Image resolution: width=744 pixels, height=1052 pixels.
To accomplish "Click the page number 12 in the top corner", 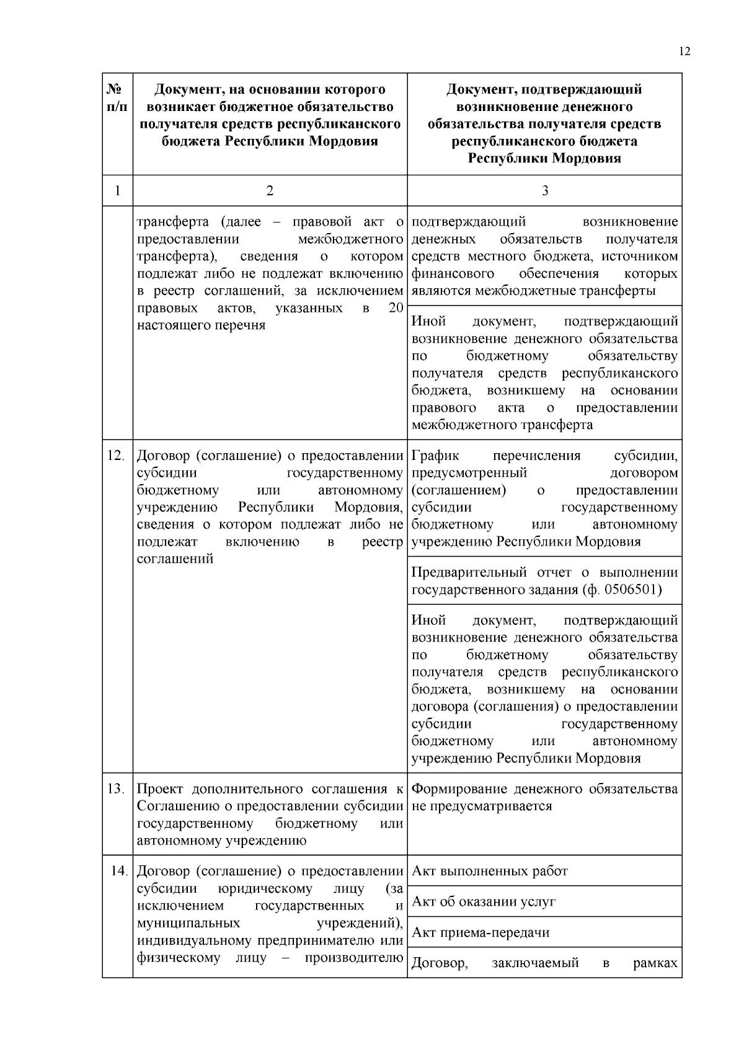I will point(684,51).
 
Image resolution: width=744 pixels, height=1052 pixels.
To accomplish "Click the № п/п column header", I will point(117,98).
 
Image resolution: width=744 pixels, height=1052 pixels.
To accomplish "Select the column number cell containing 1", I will point(117,191).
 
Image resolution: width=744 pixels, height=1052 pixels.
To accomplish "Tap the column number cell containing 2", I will point(270,191).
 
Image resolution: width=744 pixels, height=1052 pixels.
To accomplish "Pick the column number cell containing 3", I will point(544,191).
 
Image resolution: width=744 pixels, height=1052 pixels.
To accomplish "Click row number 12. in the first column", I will point(116,456).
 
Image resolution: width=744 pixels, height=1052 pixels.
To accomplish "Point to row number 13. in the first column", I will point(116,789).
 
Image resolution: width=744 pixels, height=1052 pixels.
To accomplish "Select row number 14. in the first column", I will point(118,872).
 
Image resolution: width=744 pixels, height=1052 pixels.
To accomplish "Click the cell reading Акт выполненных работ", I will point(490,872).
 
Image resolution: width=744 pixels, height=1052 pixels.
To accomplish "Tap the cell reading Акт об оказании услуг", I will point(484,902).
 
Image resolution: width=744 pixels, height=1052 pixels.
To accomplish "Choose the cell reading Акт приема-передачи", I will point(480,933).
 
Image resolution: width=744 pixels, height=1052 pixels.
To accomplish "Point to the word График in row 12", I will point(435,456).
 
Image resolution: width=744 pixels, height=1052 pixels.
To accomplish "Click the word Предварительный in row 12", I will point(469,573).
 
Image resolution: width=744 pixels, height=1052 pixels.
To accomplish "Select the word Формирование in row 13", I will point(459,789).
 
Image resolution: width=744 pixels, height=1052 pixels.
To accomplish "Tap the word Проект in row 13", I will point(159,789).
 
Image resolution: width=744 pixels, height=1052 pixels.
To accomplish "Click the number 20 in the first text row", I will point(396,309).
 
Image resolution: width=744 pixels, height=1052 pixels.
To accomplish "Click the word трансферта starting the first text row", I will point(169,222).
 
